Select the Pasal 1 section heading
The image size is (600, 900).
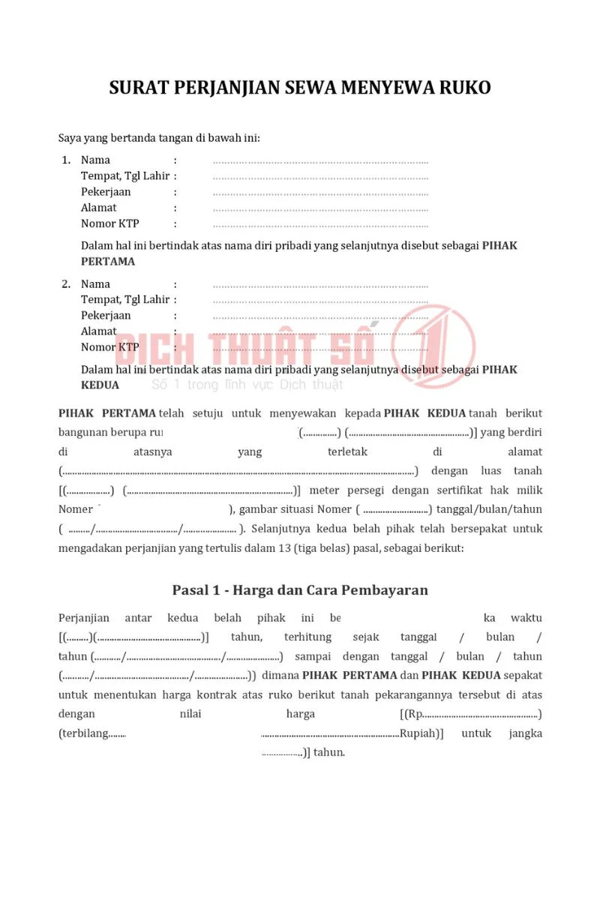[x=300, y=589]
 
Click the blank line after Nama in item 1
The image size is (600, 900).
[x=320, y=160]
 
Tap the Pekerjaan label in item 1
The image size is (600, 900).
[x=106, y=191]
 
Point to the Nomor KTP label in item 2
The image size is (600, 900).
[x=109, y=346]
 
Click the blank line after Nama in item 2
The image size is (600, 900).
[x=320, y=285]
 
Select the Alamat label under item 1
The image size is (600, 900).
[x=98, y=207]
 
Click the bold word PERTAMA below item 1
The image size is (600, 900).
[x=108, y=262]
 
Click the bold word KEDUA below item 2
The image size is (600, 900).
[x=100, y=385]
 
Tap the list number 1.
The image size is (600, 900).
[x=65, y=160]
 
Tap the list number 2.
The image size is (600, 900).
[x=65, y=284]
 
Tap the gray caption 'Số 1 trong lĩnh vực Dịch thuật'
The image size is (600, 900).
[x=247, y=385]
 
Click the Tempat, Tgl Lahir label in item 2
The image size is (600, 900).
[x=125, y=299]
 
